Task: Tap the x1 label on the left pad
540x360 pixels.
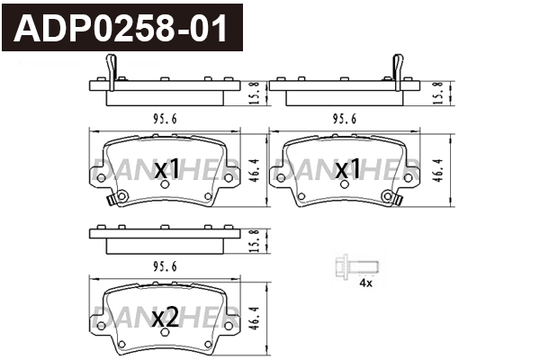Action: pos(167,169)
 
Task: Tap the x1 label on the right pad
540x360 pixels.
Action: pos(347,169)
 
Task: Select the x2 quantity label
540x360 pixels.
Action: pos(166,318)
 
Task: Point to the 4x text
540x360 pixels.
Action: pos(364,283)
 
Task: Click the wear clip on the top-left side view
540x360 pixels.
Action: pos(111,69)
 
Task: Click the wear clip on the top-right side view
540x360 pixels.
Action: pos(395,69)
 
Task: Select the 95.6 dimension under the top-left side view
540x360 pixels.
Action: pos(162,118)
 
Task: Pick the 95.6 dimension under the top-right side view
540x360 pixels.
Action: pos(346,118)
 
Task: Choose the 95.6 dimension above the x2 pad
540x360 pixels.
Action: pos(162,266)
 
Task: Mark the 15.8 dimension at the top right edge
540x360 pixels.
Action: pos(438,90)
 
